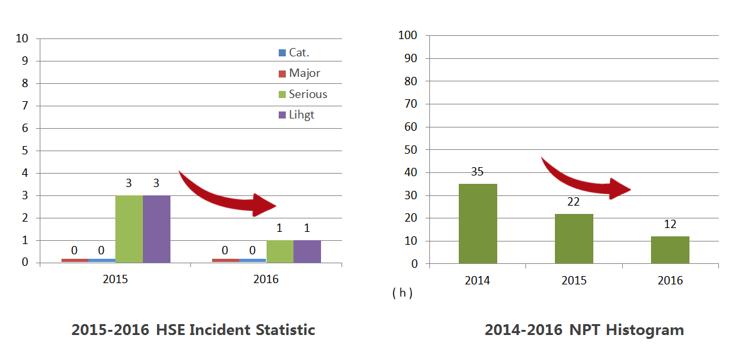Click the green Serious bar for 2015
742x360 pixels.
coord(129,229)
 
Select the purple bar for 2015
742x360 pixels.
coord(156,229)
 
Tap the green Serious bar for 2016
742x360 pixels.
coord(280,251)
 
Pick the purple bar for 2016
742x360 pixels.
coord(307,251)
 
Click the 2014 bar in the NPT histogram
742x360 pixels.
coord(477,224)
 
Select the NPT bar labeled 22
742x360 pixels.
coord(573,238)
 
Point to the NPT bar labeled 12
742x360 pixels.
coord(670,250)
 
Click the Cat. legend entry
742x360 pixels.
coord(299,53)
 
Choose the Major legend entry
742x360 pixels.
coord(304,73)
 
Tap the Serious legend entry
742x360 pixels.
coord(308,94)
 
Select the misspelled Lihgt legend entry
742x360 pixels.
coord(301,115)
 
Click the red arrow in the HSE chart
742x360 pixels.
coord(228,194)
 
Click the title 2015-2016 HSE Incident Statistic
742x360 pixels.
coord(193,330)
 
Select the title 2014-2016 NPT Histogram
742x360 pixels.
coord(584,330)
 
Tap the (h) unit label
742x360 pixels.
coord(402,293)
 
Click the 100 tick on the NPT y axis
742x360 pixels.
coord(408,35)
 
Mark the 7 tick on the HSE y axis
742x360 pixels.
coord(25,106)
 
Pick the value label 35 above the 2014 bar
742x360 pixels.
coord(477,172)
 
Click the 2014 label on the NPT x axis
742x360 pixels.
coord(477,281)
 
